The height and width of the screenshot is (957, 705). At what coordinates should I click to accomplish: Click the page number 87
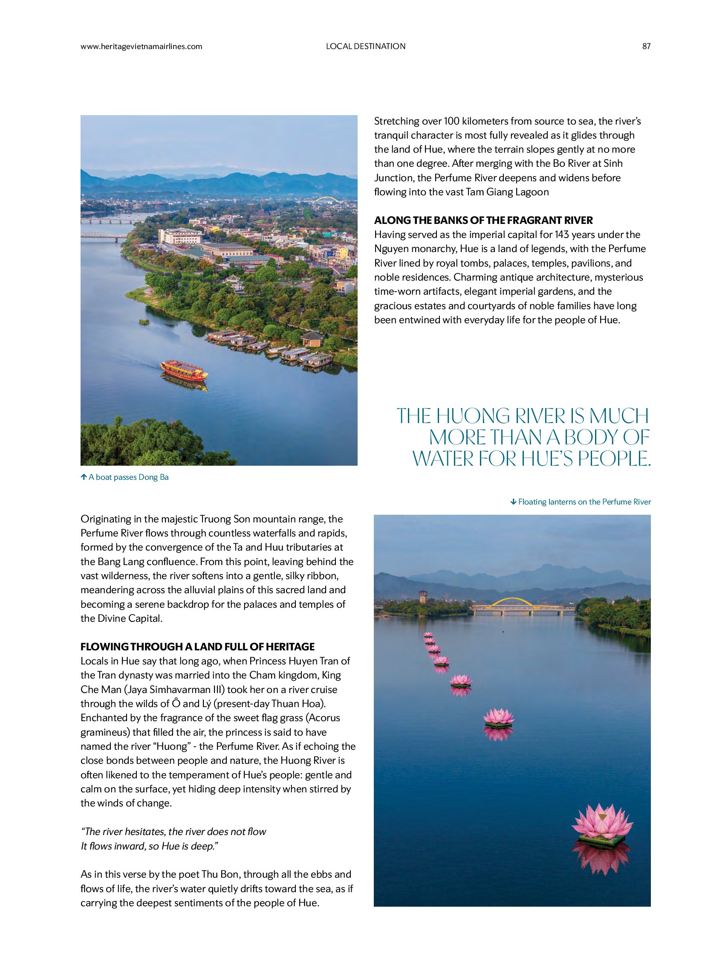coord(646,46)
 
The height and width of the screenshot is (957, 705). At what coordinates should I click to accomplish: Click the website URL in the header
coord(141,46)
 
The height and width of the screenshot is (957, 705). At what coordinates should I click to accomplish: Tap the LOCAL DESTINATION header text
coord(365,46)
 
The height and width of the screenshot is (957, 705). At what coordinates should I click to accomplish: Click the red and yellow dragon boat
coord(184,370)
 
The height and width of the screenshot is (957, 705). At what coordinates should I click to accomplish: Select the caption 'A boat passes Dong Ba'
coord(128,477)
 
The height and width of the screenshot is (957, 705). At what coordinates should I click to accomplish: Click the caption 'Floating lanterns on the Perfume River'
coord(584,502)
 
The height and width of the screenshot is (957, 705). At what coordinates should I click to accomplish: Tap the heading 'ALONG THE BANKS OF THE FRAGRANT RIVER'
coord(483,220)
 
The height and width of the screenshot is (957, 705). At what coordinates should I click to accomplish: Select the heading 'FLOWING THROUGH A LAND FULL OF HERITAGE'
coord(197,647)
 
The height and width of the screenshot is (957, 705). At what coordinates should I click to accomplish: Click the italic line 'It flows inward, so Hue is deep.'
coord(149,846)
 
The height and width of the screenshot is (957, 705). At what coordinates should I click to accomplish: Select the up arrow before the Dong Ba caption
coord(84,477)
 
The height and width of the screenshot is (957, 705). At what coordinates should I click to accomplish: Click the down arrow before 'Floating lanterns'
coord(513,502)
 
